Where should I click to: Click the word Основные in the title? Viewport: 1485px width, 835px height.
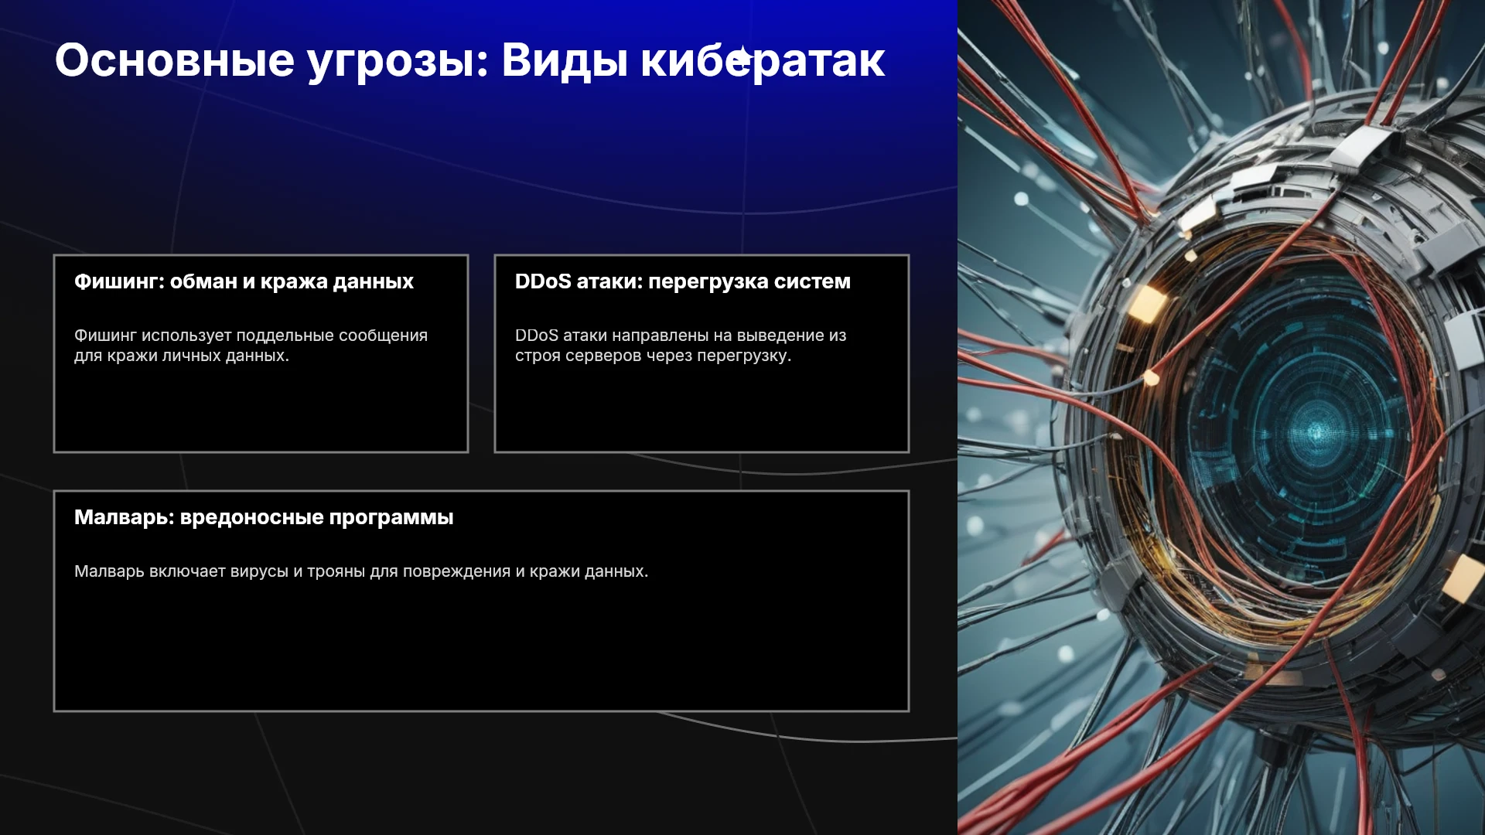175,60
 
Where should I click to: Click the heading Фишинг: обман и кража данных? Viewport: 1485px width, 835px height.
244,281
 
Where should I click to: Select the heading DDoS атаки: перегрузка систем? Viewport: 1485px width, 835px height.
683,281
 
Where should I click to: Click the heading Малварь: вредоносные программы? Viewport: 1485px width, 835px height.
264,517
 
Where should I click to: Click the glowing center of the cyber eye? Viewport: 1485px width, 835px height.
1316,431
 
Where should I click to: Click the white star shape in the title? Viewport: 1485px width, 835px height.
742,56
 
